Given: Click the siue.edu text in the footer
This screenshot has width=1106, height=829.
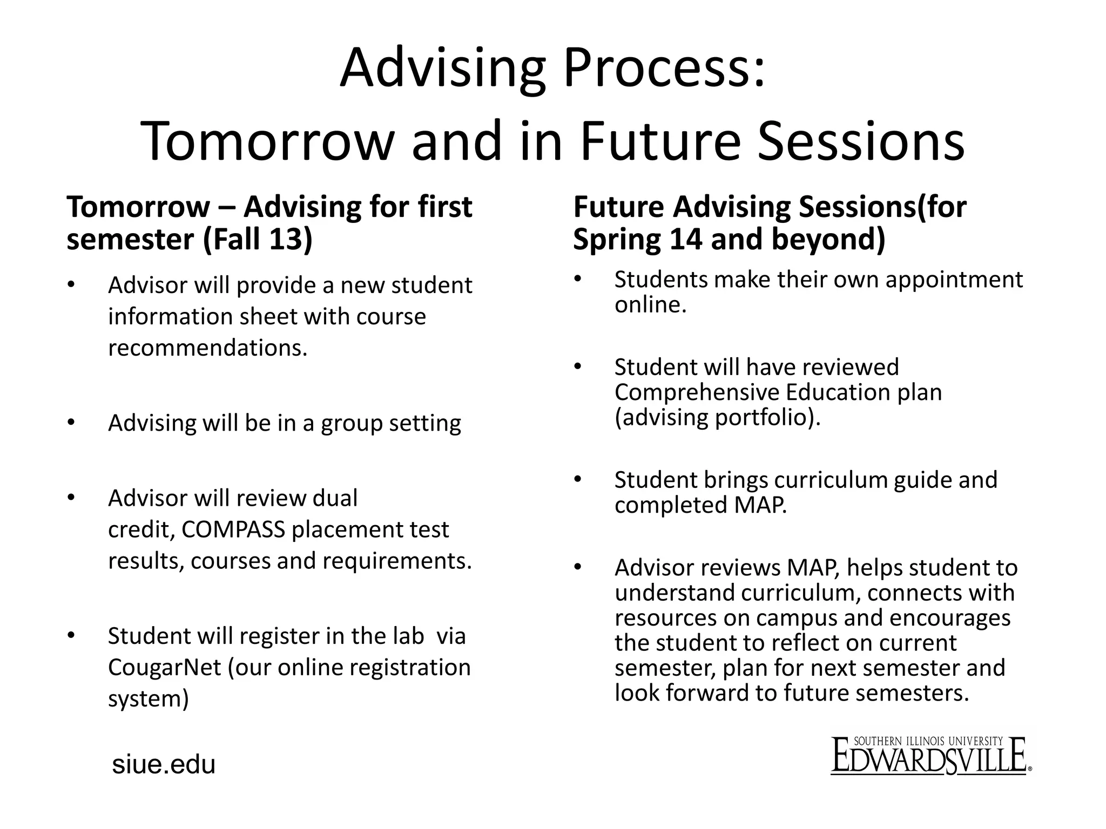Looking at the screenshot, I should [x=163, y=765].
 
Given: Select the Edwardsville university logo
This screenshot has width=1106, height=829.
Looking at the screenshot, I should [x=930, y=756].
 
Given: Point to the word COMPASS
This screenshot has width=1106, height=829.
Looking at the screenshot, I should [x=233, y=530].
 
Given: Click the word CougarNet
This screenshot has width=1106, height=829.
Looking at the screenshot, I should [x=164, y=668].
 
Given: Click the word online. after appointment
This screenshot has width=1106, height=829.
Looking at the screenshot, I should [x=650, y=305].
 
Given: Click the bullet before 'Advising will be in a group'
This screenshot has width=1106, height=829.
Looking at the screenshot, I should [x=71, y=423].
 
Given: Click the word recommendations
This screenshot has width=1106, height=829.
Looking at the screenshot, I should [x=207, y=348].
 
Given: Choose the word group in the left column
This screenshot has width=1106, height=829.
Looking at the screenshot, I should [x=352, y=424].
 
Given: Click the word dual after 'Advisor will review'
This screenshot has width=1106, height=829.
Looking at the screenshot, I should [x=335, y=498].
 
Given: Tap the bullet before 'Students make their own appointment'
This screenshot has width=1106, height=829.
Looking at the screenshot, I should [x=577, y=279].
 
